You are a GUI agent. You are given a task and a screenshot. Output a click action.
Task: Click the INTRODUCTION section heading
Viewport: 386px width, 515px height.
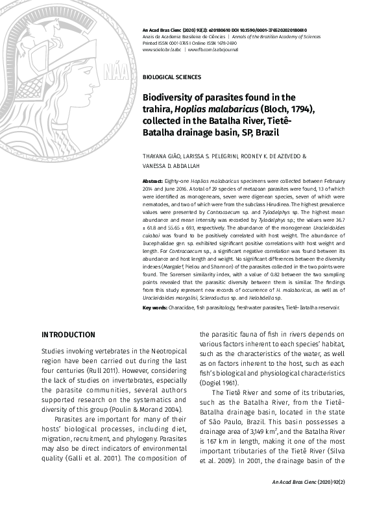(x=68, y=335)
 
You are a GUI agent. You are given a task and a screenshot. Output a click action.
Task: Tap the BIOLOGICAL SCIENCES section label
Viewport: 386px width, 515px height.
(x=171, y=77)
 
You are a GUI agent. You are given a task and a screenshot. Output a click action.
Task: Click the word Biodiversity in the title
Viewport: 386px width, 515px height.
(x=169, y=98)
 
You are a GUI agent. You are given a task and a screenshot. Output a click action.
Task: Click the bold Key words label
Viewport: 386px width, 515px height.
(x=156, y=307)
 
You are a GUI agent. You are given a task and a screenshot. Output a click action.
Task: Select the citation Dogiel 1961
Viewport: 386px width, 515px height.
(x=223, y=383)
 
